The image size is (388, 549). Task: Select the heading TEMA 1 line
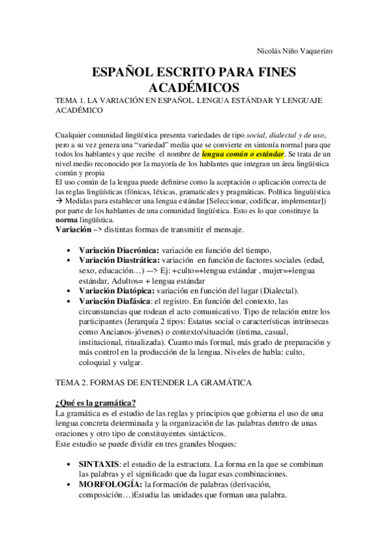point(188,102)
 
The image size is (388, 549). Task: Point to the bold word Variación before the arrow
point(73,230)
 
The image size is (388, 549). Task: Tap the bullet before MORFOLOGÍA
point(70,484)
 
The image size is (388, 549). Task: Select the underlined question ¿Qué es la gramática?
point(97,403)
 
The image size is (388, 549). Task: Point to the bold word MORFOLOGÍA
point(110,484)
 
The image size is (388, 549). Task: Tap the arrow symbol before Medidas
point(60,202)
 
